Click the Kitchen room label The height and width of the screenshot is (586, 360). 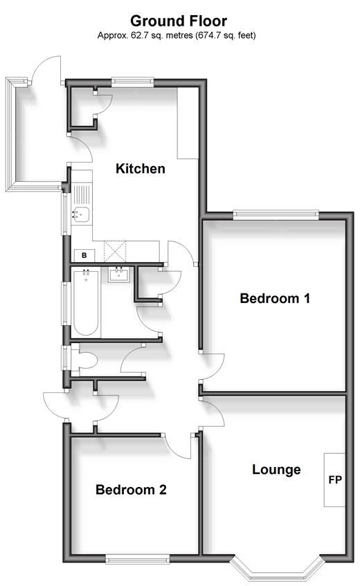point(140,169)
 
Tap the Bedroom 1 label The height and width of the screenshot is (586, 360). point(275,298)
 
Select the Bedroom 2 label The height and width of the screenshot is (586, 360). point(131,490)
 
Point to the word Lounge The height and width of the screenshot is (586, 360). point(276,469)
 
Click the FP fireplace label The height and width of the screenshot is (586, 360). point(335,479)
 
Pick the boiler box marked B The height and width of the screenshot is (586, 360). point(84,255)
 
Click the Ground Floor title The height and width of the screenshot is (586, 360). point(179,21)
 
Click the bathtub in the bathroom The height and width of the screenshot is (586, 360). point(86,303)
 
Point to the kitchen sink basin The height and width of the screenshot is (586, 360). point(81,214)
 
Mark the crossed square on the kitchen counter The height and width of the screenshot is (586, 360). point(115,251)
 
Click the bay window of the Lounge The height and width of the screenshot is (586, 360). point(277,569)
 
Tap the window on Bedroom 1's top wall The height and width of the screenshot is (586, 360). point(276,214)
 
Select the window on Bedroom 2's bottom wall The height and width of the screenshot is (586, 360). point(137,559)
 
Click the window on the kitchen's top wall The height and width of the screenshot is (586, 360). point(132,81)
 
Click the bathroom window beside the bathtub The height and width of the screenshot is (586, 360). point(66,304)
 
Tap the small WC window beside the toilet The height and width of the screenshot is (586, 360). point(66,358)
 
